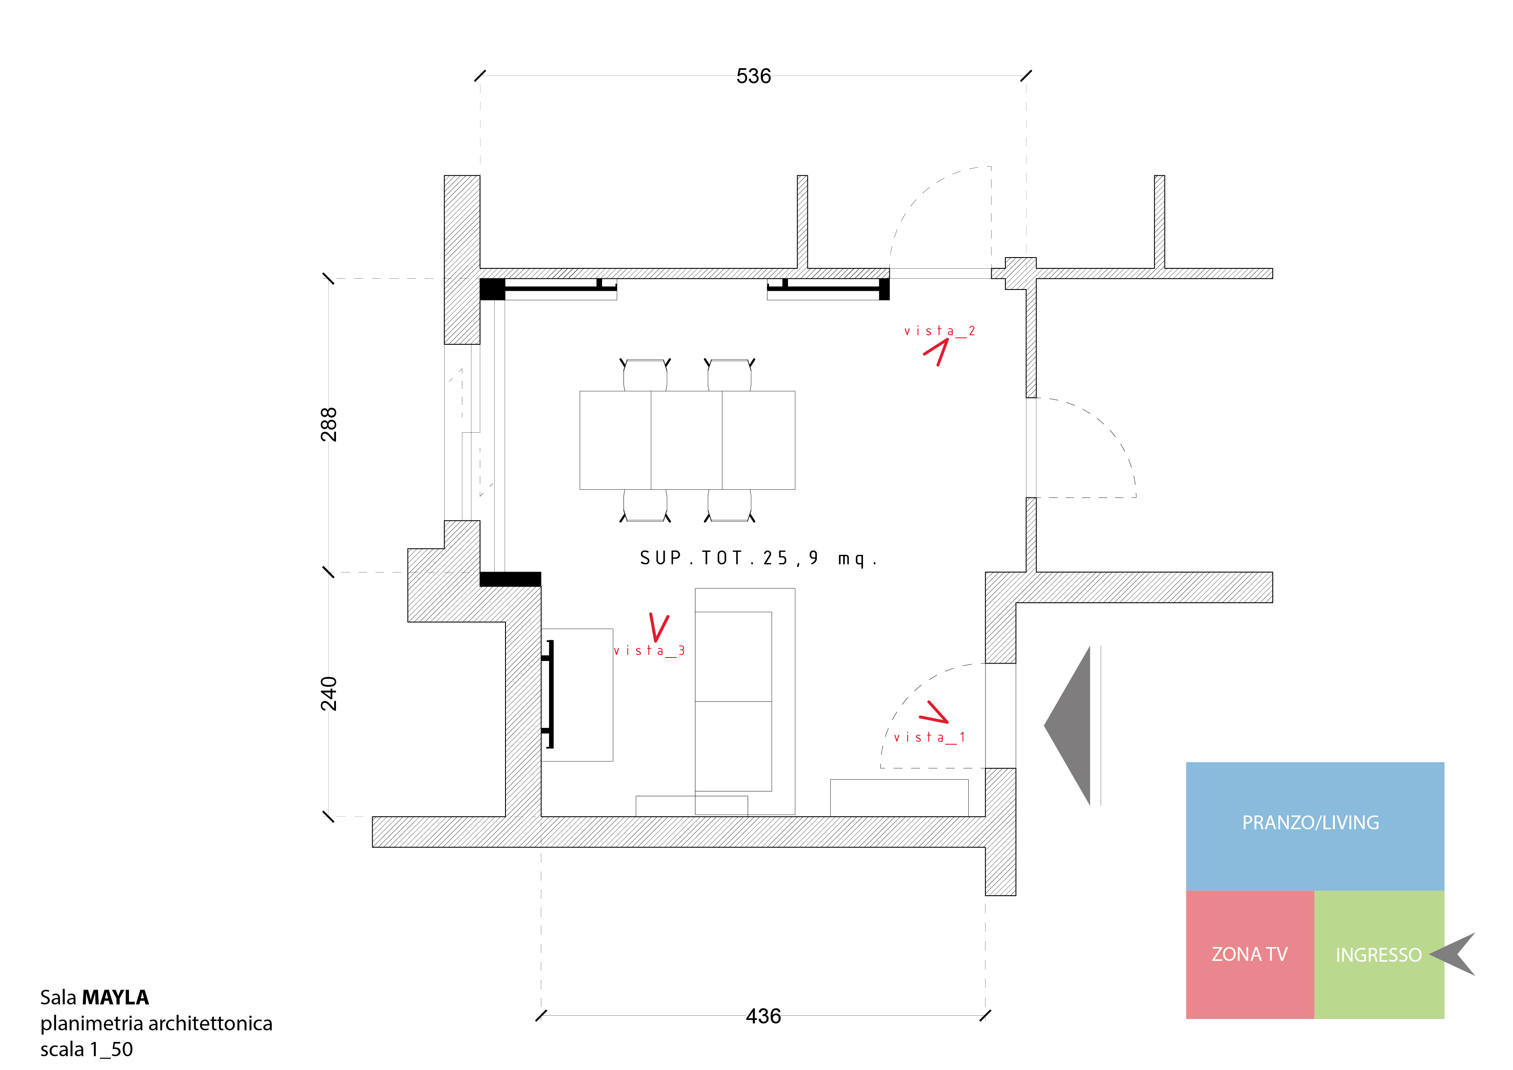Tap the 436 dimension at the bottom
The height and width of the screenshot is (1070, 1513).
pyautogui.click(x=763, y=1016)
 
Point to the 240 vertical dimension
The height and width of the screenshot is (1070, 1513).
pyautogui.click(x=329, y=693)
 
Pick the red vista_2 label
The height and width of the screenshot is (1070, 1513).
pyautogui.click(x=939, y=331)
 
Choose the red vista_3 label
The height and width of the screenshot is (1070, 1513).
pyautogui.click(x=649, y=651)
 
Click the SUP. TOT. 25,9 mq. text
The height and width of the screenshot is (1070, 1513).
pyautogui.click(x=758, y=558)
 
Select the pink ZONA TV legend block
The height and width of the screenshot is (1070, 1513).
pyautogui.click(x=1249, y=955)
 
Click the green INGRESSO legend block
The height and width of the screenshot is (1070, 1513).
pyautogui.click(x=1378, y=955)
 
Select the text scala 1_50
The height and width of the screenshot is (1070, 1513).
pyautogui.click(x=86, y=1049)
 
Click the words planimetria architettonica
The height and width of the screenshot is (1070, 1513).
pyautogui.click(x=156, y=1023)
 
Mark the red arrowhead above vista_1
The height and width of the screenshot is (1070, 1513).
pyautogui.click(x=935, y=713)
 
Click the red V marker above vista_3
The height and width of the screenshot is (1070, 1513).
pyautogui.click(x=658, y=627)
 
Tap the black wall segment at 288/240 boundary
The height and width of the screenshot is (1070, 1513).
pyautogui.click(x=510, y=579)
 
